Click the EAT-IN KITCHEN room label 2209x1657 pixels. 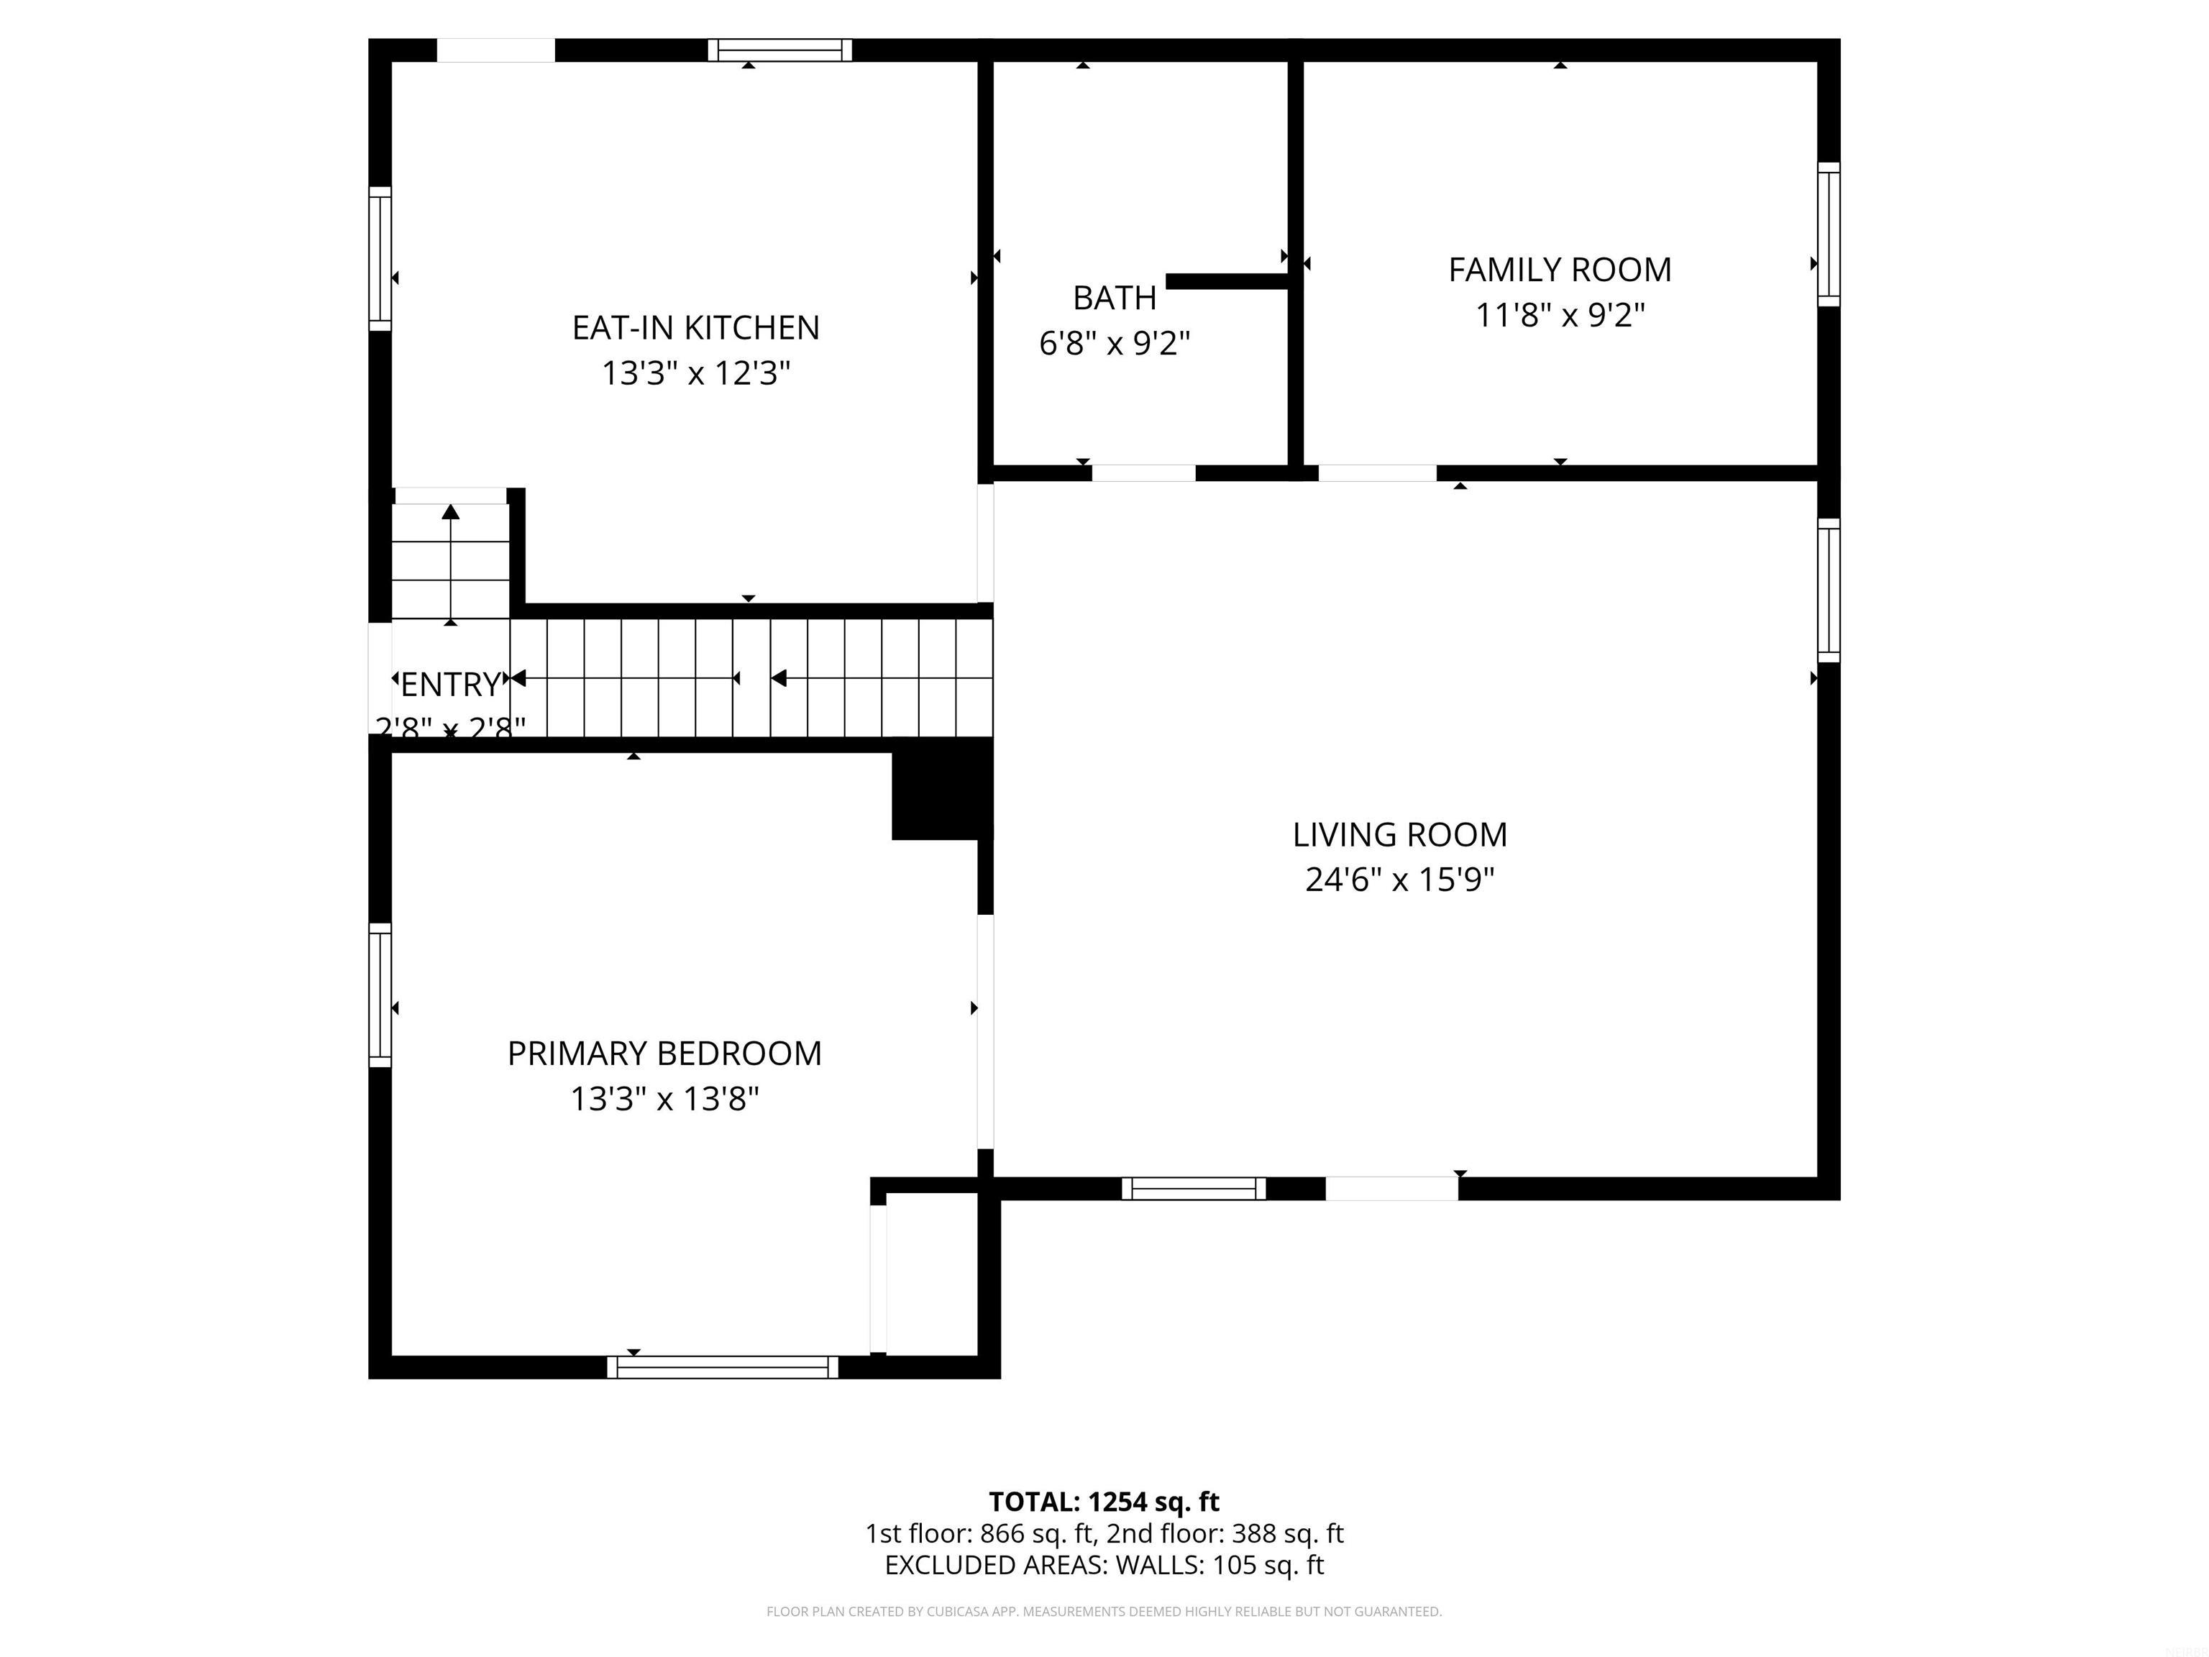tap(695, 328)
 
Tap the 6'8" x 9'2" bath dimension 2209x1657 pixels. tap(1115, 344)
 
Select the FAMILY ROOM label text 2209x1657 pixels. tap(1559, 270)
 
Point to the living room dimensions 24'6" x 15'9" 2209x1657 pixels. tap(1399, 880)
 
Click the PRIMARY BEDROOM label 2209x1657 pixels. tap(664, 1054)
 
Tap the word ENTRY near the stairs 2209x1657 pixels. tap(449, 684)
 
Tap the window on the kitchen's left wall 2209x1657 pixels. tap(380, 257)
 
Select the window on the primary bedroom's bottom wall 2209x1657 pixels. tap(722, 1367)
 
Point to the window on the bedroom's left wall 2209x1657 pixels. tap(380, 995)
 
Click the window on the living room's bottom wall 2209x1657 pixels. tap(1194, 1189)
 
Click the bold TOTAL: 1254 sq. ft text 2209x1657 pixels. tap(1104, 1502)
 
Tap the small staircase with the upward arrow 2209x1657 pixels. tap(450, 560)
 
